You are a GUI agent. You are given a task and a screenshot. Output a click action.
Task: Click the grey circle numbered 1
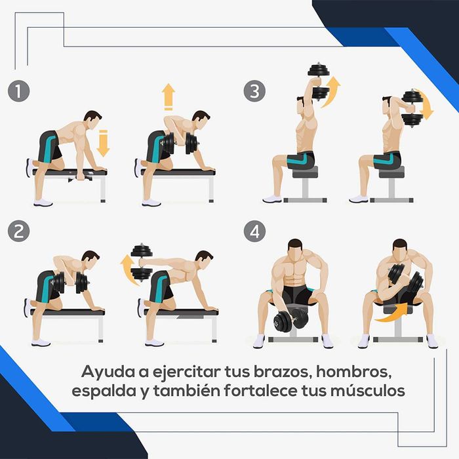coord(21,90)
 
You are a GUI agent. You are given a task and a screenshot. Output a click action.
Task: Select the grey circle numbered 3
coord(254,90)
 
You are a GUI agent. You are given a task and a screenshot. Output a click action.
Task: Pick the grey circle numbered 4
coord(254,230)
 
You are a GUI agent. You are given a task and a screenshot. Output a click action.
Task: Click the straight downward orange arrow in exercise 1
coord(103,143)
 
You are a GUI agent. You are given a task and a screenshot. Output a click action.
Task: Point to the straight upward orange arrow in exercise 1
coord(168,96)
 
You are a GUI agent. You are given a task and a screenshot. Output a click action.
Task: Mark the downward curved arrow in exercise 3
coord(426,105)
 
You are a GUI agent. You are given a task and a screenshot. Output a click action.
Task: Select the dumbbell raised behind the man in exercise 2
coord(142,262)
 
